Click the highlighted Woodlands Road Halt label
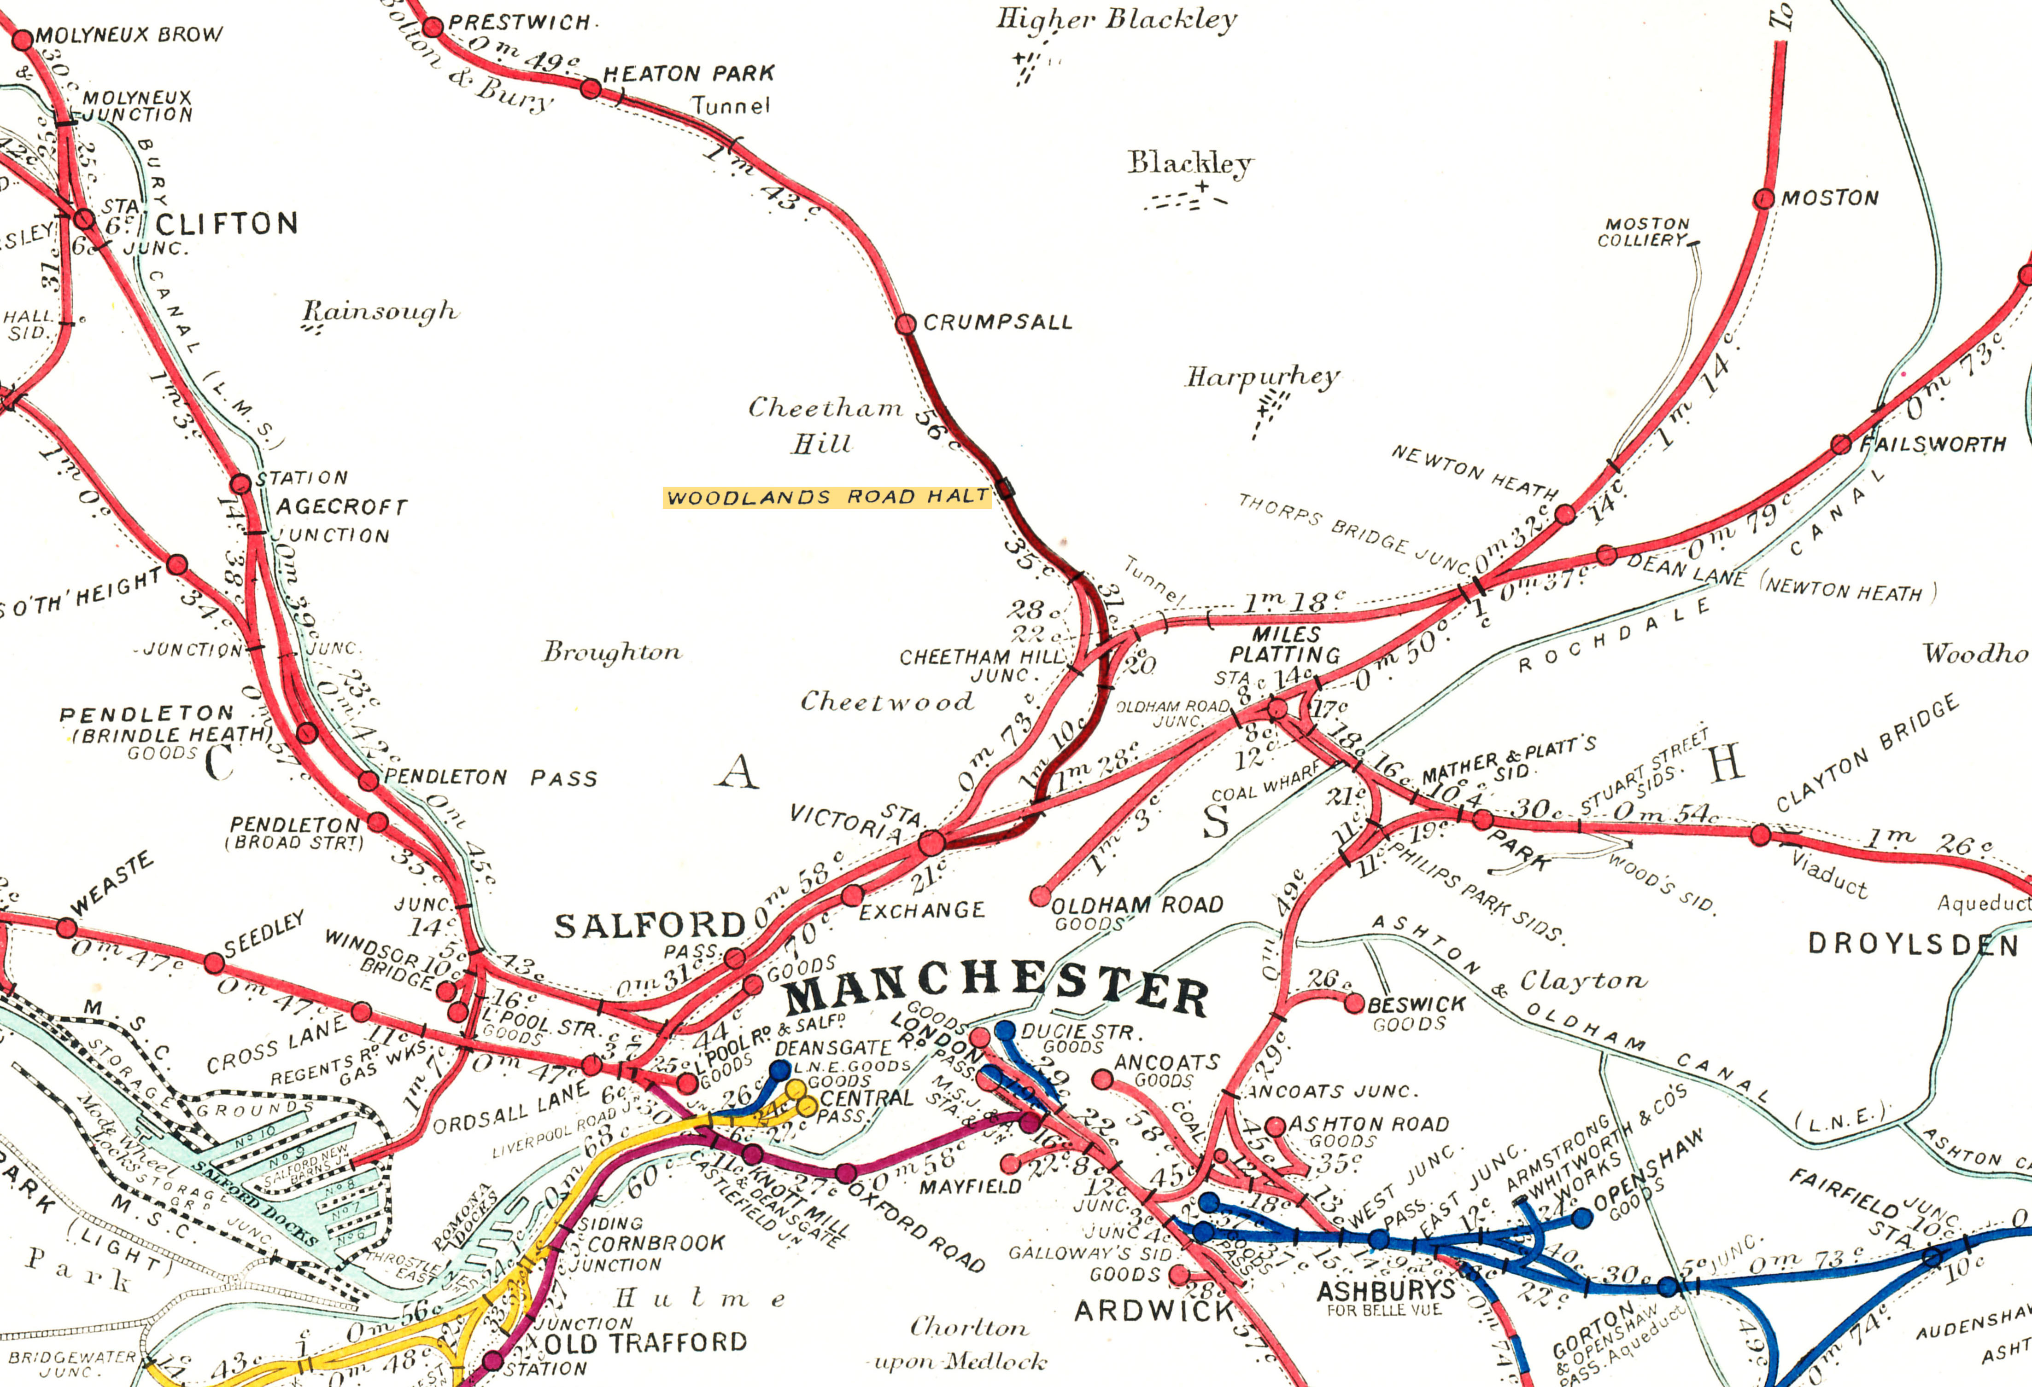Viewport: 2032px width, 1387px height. click(826, 497)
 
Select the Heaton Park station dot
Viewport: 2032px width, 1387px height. click(591, 88)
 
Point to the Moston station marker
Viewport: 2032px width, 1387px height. click(1763, 199)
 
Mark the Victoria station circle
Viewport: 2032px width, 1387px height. click(932, 843)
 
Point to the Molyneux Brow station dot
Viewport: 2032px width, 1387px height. click(23, 39)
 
